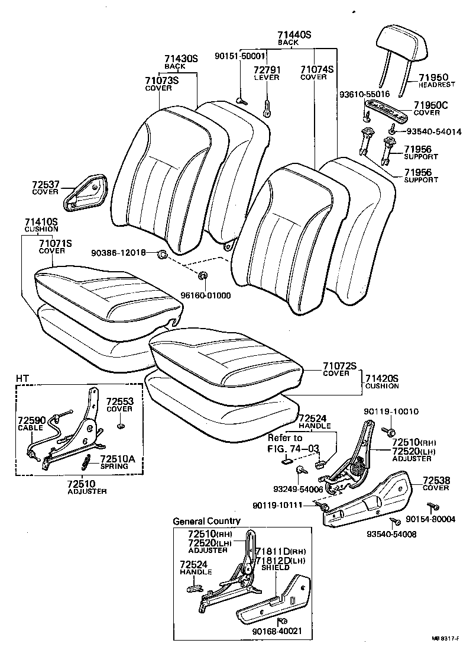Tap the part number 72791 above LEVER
[267, 70]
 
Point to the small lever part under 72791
[267, 108]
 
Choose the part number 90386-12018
[118, 253]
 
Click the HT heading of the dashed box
[22, 378]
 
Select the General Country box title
[206, 521]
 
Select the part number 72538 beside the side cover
[435, 481]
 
